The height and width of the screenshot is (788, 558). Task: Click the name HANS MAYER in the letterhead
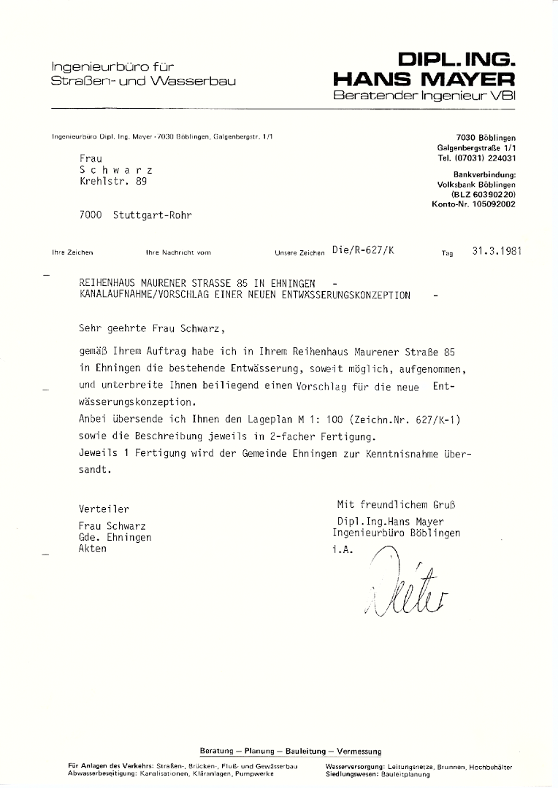coord(424,79)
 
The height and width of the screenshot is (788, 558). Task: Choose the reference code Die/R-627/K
coord(362,250)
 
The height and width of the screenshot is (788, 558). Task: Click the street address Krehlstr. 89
coord(113,182)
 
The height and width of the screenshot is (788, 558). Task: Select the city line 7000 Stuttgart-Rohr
coord(137,215)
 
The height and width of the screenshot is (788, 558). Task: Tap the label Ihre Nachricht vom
coord(178,252)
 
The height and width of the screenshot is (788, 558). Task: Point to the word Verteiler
coord(104,509)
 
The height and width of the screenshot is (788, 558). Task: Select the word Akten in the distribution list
coord(92,548)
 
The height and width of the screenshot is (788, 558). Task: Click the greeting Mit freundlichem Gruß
coord(400,504)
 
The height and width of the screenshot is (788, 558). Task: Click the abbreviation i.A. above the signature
coord(342,548)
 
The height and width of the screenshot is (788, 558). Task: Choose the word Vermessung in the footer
coord(358,751)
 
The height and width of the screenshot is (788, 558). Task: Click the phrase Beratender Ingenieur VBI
coord(424,96)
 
